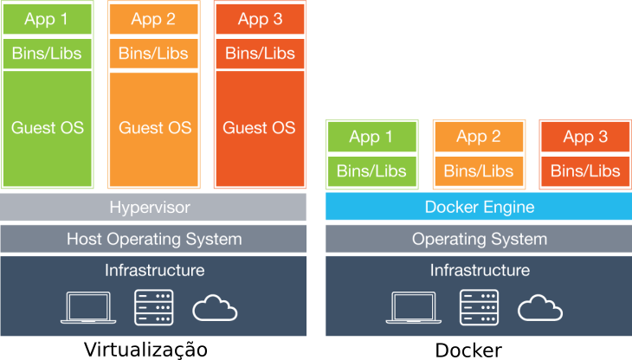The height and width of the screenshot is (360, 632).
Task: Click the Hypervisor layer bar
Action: point(153,208)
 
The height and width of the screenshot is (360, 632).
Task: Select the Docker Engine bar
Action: point(479,208)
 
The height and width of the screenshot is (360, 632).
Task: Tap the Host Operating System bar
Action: point(153,240)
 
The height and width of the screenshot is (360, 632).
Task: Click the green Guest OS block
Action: point(48,128)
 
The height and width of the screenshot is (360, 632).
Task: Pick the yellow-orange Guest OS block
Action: point(154,128)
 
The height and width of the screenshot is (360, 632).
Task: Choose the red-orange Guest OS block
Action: point(260,128)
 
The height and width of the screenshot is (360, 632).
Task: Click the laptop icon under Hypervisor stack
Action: point(88,308)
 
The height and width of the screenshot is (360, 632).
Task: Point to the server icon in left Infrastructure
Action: point(154,308)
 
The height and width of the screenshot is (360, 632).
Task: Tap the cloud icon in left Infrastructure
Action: point(215,308)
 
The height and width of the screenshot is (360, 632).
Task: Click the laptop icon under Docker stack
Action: point(413,308)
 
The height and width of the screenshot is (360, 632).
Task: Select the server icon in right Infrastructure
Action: point(479,308)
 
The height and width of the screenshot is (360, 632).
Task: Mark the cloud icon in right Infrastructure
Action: point(540,308)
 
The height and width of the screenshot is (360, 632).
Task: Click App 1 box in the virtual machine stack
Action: point(48,19)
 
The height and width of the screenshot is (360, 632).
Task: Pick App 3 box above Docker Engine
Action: point(585,137)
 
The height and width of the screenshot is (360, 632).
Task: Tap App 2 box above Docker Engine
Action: point(479,137)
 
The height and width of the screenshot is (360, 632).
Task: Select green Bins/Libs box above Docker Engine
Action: point(371,170)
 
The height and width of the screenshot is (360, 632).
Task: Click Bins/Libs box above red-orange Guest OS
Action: point(260,53)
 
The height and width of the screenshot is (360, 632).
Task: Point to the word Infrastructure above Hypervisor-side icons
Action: point(154,270)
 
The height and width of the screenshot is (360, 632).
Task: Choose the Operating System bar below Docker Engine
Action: point(479,240)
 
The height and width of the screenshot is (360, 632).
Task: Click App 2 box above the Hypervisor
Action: point(154,19)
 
